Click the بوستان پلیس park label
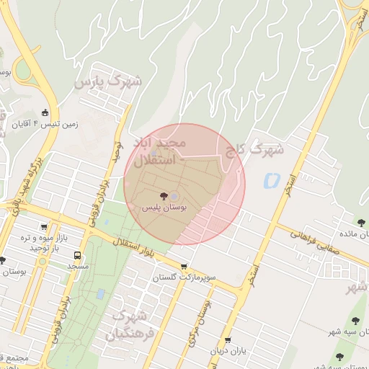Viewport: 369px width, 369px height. pos(164,207)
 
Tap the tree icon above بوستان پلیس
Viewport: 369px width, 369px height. pos(164,195)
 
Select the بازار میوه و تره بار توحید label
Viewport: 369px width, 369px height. pos(43,242)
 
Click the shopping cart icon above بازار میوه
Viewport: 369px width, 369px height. pos(45,226)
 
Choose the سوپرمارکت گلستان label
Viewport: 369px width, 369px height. pos(183,277)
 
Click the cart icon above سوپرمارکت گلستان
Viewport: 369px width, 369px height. pos(184,266)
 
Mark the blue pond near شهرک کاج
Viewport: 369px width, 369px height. pos(271,179)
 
